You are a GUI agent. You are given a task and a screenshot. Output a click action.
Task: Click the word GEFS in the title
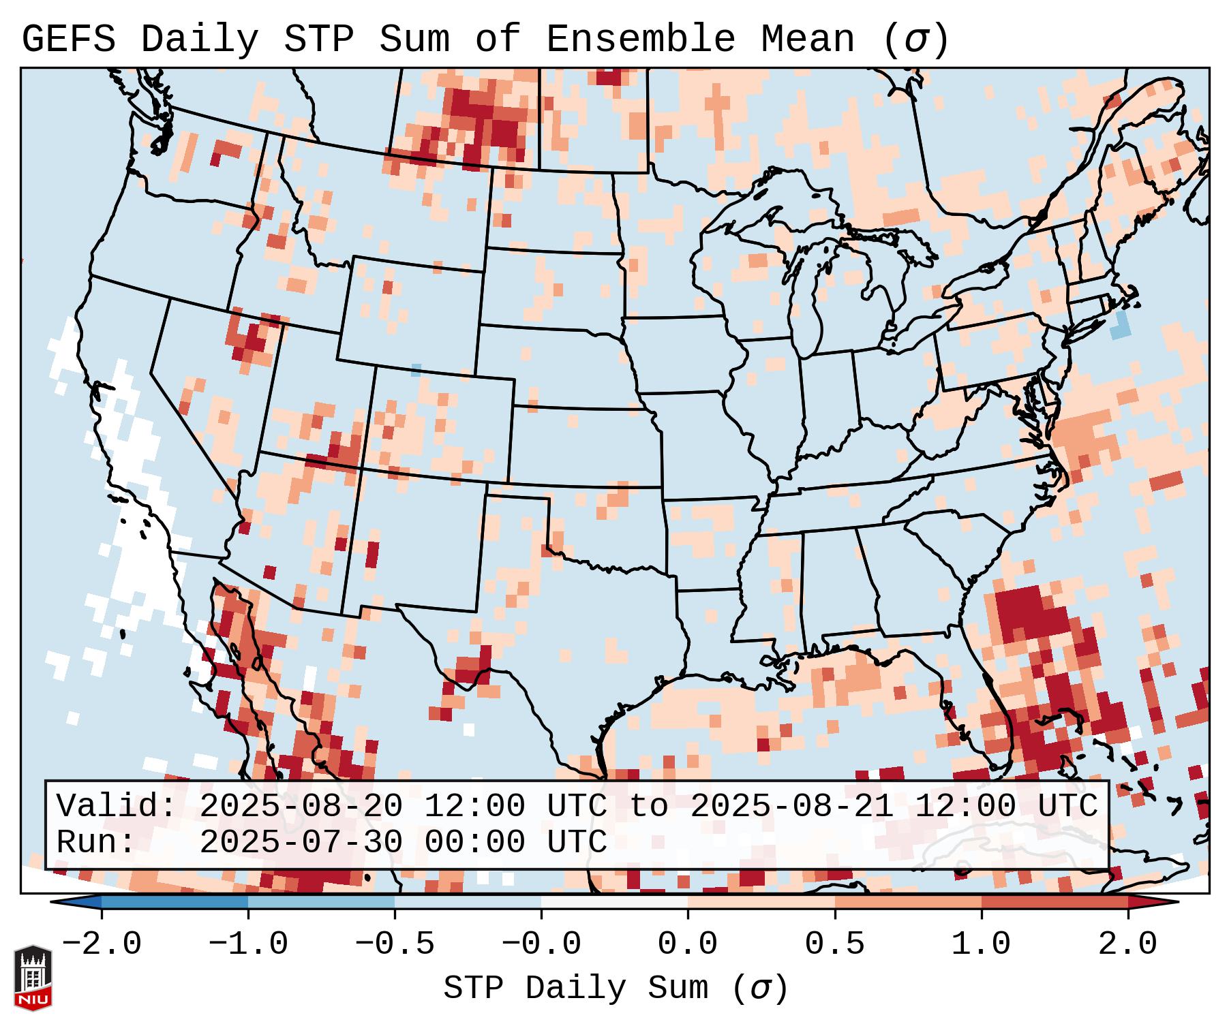pyautogui.click(x=68, y=40)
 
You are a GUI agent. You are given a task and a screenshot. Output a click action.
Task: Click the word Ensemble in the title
pyautogui.click(x=641, y=40)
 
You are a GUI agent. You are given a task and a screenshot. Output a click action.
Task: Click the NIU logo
pyautogui.click(x=33, y=978)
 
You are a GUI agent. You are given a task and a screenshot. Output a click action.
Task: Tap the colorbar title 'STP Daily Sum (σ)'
pyautogui.click(x=615, y=989)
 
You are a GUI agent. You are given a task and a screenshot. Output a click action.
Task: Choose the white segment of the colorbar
pyautogui.click(x=614, y=903)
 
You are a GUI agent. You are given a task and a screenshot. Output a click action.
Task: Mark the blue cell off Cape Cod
pyautogui.click(x=1120, y=326)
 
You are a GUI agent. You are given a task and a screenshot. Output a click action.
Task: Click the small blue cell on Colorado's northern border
pyautogui.click(x=416, y=370)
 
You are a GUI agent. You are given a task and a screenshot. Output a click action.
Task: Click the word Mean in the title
pyautogui.click(x=808, y=40)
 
